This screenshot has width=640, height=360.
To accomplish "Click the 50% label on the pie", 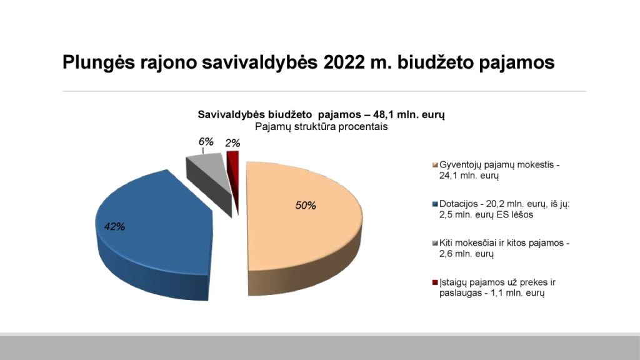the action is click(306, 205).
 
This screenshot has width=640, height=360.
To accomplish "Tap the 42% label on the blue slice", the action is click(115, 226).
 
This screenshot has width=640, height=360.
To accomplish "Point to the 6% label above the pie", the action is click(206, 142).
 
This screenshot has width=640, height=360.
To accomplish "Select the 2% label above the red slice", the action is click(232, 143).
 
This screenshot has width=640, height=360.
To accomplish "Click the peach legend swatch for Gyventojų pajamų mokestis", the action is click(435, 165).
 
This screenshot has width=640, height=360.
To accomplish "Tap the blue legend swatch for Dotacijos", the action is click(435, 204).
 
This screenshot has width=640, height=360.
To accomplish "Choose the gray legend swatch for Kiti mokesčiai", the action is click(435, 243).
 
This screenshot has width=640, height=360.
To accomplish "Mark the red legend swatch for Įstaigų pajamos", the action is click(435, 282).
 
